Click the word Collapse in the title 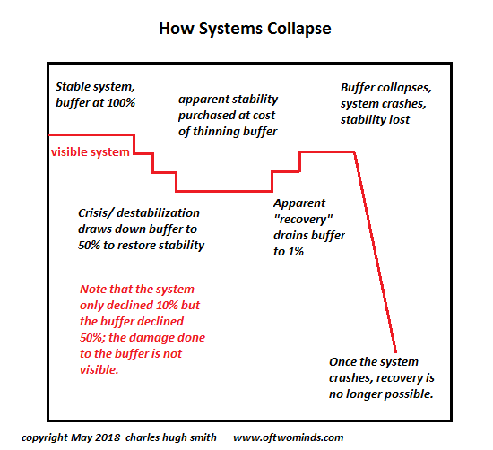[299, 29]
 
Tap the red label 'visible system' [91, 152]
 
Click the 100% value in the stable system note [121, 103]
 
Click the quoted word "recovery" [303, 220]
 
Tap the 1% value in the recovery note [296, 252]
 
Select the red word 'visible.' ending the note [99, 370]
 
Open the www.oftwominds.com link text [289, 437]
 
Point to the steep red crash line [375, 252]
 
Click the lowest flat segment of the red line [224, 191]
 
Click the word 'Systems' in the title [230, 30]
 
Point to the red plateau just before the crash [327, 152]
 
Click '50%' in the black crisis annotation [89, 246]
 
